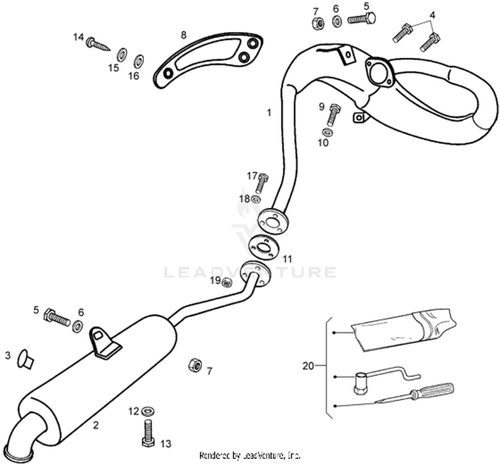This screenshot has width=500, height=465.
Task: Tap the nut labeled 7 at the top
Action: pyautogui.click(x=317, y=21)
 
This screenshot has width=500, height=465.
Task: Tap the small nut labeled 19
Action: pyautogui.click(x=227, y=282)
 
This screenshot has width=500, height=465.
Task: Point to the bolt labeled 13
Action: pyautogui.click(x=147, y=432)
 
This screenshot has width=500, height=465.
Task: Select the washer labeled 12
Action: pyautogui.click(x=147, y=410)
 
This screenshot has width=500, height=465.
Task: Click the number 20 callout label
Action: pyautogui.click(x=307, y=366)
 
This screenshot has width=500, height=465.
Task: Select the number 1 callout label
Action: pyautogui.click(x=269, y=113)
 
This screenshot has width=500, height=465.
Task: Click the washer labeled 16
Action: pyautogui.click(x=139, y=61)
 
